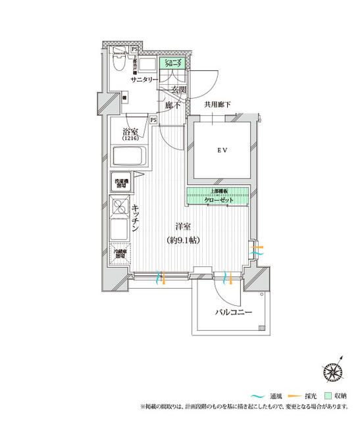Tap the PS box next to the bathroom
tap(153, 120)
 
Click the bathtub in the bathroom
tap(130, 158)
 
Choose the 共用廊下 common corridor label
tap(219, 104)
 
